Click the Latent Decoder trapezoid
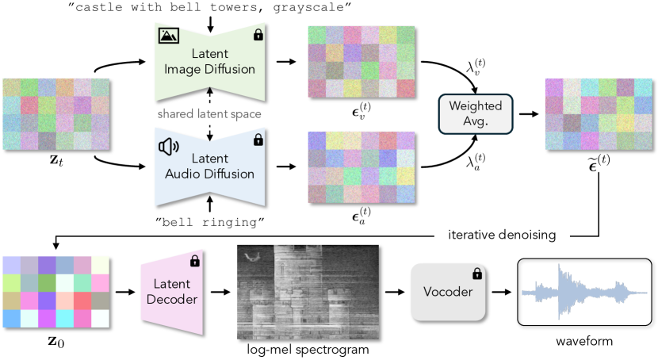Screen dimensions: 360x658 pos(173,292)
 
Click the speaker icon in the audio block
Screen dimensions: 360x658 pos(167,146)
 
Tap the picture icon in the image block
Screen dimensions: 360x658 pos(167,35)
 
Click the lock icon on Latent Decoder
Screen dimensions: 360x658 pos(194,261)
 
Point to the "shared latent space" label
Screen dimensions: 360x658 pos(209,113)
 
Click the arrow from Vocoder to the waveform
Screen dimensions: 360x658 pos(500,292)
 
